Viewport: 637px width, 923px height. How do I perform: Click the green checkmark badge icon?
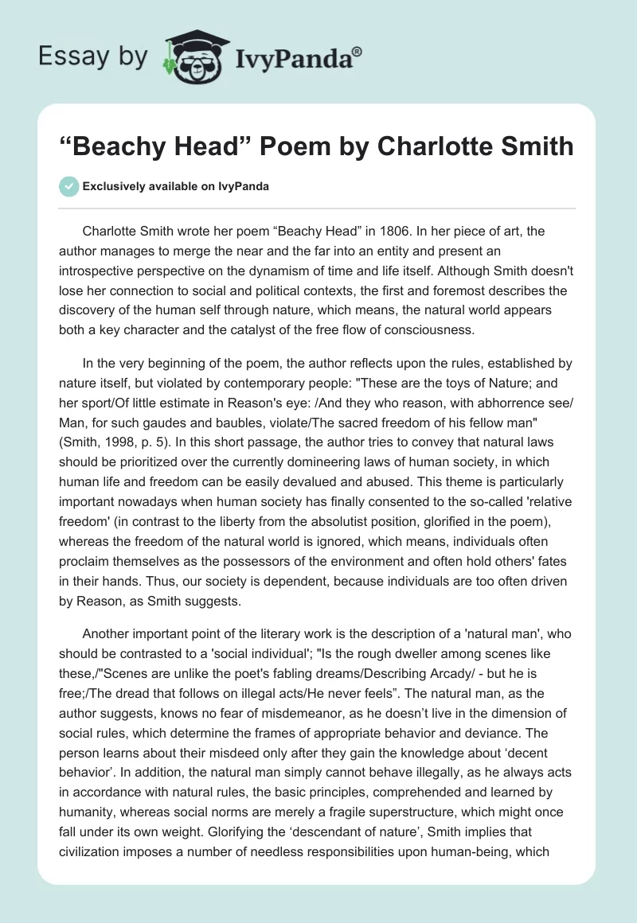[69, 186]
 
